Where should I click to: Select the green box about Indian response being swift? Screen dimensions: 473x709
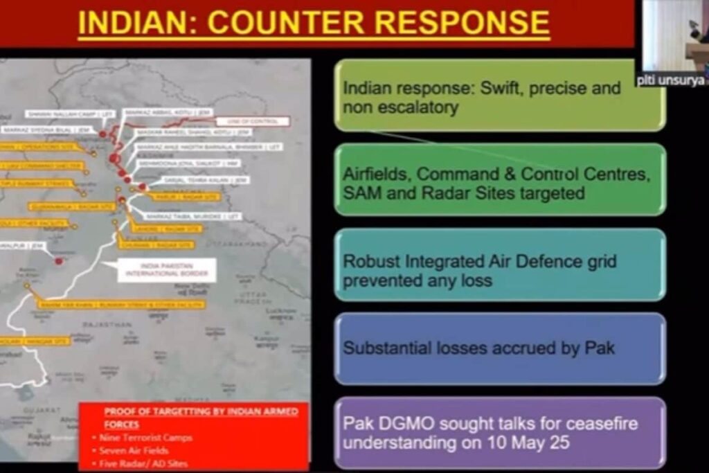click(x=499, y=96)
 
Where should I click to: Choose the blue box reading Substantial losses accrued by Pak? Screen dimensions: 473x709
click(x=499, y=348)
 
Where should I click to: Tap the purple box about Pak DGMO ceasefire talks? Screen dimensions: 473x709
click(x=499, y=433)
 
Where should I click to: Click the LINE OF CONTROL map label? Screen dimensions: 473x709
click(x=250, y=121)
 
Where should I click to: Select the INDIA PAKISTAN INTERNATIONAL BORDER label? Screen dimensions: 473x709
click(x=166, y=270)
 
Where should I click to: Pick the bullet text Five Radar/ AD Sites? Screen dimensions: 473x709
click(x=143, y=463)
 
